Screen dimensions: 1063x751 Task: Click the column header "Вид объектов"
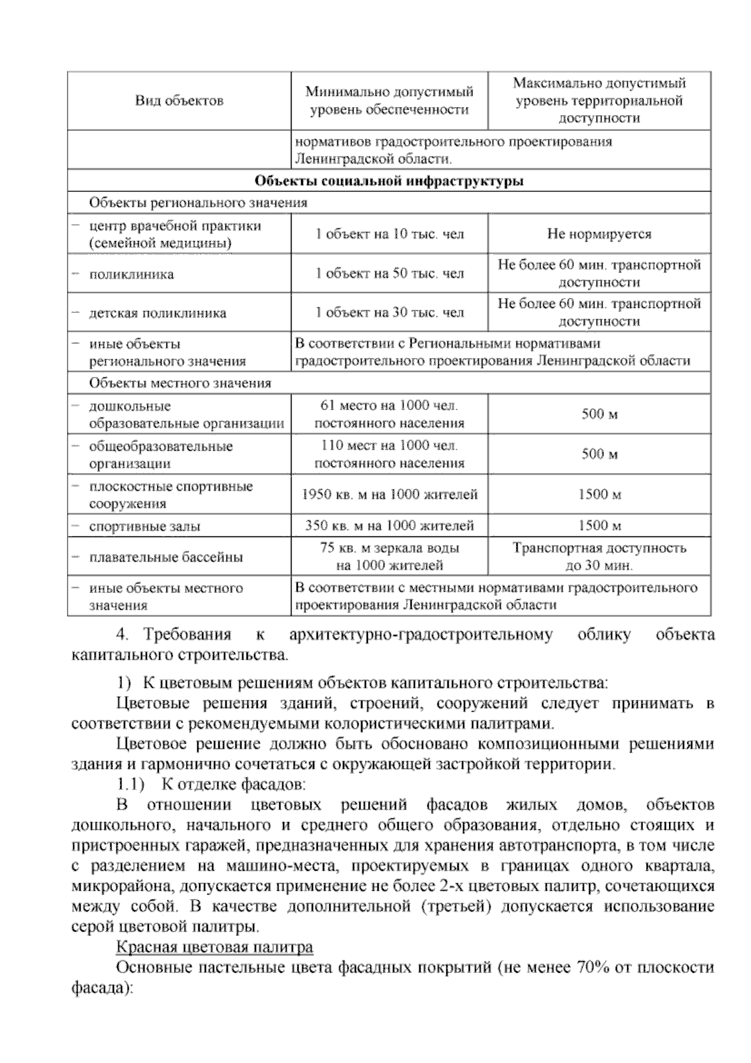pos(179,101)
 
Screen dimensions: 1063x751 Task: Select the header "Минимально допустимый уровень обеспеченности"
pos(389,101)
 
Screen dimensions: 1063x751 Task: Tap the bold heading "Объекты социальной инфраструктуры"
pos(389,181)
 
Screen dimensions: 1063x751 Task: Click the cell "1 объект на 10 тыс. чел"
pos(389,235)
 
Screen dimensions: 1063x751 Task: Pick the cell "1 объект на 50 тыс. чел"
pos(389,274)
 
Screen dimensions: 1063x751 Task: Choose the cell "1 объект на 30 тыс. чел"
pos(389,312)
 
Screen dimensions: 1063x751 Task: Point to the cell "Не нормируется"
pos(599,235)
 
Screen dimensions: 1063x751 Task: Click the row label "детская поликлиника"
pos(158,313)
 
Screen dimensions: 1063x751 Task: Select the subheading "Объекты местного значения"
pos(180,383)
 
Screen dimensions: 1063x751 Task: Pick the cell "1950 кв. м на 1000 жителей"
pos(389,495)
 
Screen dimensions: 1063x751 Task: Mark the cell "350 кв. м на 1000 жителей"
pos(389,526)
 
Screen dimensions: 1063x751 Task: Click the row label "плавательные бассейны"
pos(166,557)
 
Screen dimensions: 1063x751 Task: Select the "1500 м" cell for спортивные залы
pos(599,526)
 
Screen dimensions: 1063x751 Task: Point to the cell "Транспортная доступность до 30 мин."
pos(599,557)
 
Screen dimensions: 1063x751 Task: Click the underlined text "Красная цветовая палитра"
pos(215,947)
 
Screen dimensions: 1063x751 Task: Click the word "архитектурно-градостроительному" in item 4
pos(421,635)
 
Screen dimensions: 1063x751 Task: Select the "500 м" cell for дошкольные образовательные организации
pos(599,414)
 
